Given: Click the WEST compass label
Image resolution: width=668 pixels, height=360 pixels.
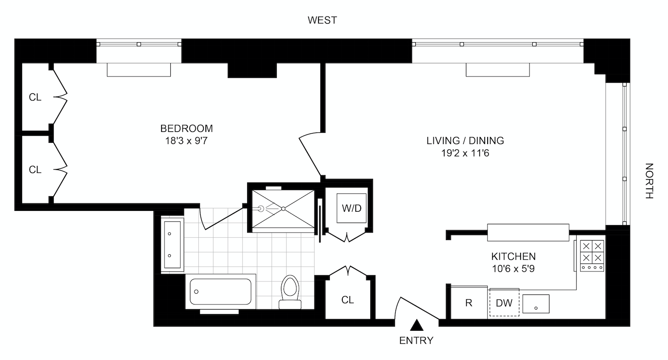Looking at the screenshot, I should [322, 20].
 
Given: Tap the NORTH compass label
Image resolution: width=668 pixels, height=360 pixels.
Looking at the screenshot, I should [649, 180].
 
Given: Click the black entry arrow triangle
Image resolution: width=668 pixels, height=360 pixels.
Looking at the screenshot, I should [416, 325].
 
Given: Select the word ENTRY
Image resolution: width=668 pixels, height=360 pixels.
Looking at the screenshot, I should [416, 340].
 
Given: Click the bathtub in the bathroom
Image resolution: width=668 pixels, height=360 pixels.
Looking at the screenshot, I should [220, 292].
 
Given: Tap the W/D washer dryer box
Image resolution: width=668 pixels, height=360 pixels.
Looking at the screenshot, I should [352, 208].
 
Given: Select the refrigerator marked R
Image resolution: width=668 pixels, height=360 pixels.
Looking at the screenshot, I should [468, 303].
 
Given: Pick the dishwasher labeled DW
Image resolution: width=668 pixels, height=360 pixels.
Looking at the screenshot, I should [504, 303].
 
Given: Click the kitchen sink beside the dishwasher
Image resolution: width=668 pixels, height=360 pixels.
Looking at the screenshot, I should [536, 304].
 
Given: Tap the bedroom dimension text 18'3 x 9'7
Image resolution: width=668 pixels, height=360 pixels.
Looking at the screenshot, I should [186, 141].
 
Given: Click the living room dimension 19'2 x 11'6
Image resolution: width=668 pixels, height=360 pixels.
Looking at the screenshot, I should [465, 153].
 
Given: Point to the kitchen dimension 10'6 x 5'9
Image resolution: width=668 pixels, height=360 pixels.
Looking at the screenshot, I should [513, 269].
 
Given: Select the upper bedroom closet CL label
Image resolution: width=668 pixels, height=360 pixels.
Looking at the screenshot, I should [35, 97].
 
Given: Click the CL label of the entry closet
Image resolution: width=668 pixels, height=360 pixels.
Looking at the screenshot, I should [347, 300].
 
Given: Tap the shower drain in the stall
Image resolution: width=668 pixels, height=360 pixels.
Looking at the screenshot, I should [283, 208].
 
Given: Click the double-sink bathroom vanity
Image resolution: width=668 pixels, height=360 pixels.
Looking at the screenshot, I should [172, 245].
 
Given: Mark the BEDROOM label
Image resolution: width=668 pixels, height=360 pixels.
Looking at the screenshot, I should [186, 129].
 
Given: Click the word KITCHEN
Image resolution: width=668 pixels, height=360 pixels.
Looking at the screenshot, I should [513, 256].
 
